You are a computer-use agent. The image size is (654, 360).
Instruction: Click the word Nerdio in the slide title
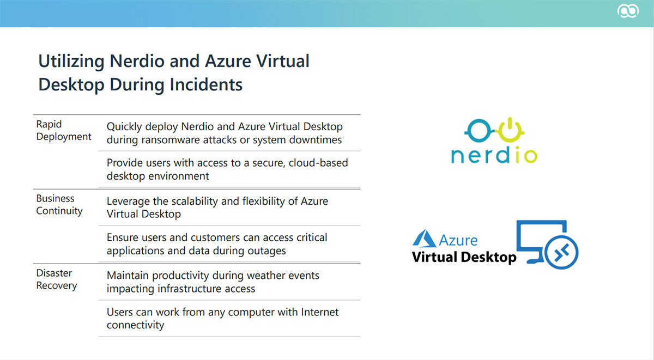pos(136,61)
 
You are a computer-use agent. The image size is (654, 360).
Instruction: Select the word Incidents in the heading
pos(206,84)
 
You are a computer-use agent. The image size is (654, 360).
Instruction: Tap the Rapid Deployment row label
pos(64,130)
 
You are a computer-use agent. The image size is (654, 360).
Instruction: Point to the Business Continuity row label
pos(59,204)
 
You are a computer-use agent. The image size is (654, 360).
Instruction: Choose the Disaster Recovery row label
pos(57,279)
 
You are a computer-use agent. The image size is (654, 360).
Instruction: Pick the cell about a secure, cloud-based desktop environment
pos(227,169)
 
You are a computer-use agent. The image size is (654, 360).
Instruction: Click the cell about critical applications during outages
pos(217,244)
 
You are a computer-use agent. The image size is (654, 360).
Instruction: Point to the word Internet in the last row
pos(320,312)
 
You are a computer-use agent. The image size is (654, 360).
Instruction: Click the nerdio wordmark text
pos(494,155)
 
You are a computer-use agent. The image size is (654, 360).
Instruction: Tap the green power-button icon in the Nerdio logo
pos(510,130)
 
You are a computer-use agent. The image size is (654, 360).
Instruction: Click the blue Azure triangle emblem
pos(424,239)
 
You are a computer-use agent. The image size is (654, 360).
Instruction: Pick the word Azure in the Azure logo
pos(458,240)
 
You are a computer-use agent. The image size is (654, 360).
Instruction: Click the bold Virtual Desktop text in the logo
pos(464,257)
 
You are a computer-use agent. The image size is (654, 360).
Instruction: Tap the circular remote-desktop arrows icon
pos(561,253)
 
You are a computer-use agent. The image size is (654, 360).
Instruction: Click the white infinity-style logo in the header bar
pos(628,11)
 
